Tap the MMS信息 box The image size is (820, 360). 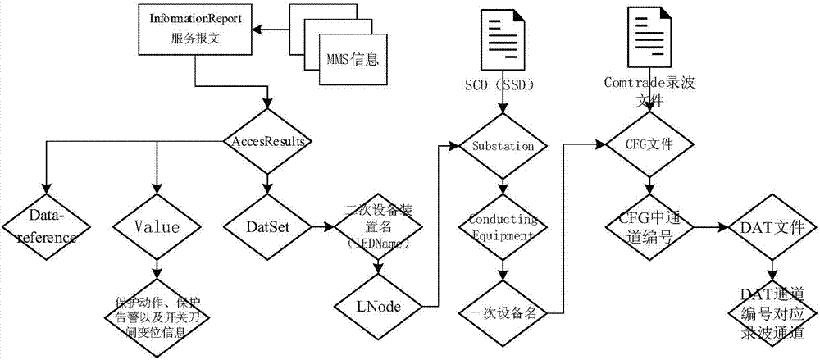(x=350, y=59)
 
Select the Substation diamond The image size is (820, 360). (x=503, y=146)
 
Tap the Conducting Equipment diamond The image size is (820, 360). (x=503, y=228)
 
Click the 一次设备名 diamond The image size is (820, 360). (x=503, y=312)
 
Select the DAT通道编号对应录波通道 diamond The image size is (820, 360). (x=769, y=312)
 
